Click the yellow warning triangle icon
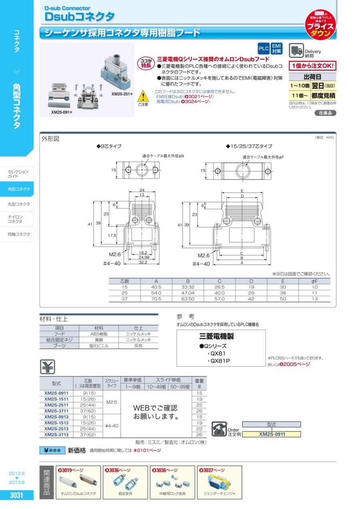[143, 96]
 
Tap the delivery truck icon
[296, 50]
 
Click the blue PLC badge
[264, 49]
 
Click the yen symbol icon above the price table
[48, 367]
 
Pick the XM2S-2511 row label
[56, 405]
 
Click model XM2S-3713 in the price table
[56, 435]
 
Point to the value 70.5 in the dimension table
[156, 298]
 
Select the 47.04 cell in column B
[188, 293]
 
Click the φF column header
[314, 281]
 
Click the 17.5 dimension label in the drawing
[112, 235]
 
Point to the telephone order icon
[219, 428]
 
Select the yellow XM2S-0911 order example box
[272, 434]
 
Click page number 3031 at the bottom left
[16, 495]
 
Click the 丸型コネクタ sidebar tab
[19, 204]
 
